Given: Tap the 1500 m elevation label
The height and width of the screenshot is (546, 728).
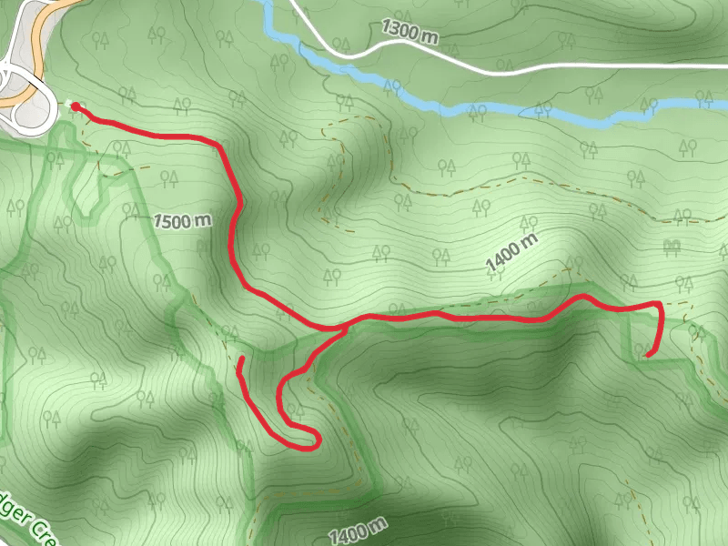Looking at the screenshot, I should tap(182, 220).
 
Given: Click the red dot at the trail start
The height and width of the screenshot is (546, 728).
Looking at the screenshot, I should tap(75, 107).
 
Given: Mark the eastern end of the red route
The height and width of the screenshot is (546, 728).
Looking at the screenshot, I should tap(644, 356).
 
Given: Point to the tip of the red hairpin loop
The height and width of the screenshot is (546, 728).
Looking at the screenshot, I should tap(318, 441).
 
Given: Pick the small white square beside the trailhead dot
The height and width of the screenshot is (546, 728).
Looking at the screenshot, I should tap(66, 103).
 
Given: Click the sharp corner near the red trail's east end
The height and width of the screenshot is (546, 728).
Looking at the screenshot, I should tap(657, 302).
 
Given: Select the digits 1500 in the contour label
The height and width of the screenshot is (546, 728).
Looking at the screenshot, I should tap(173, 220).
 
